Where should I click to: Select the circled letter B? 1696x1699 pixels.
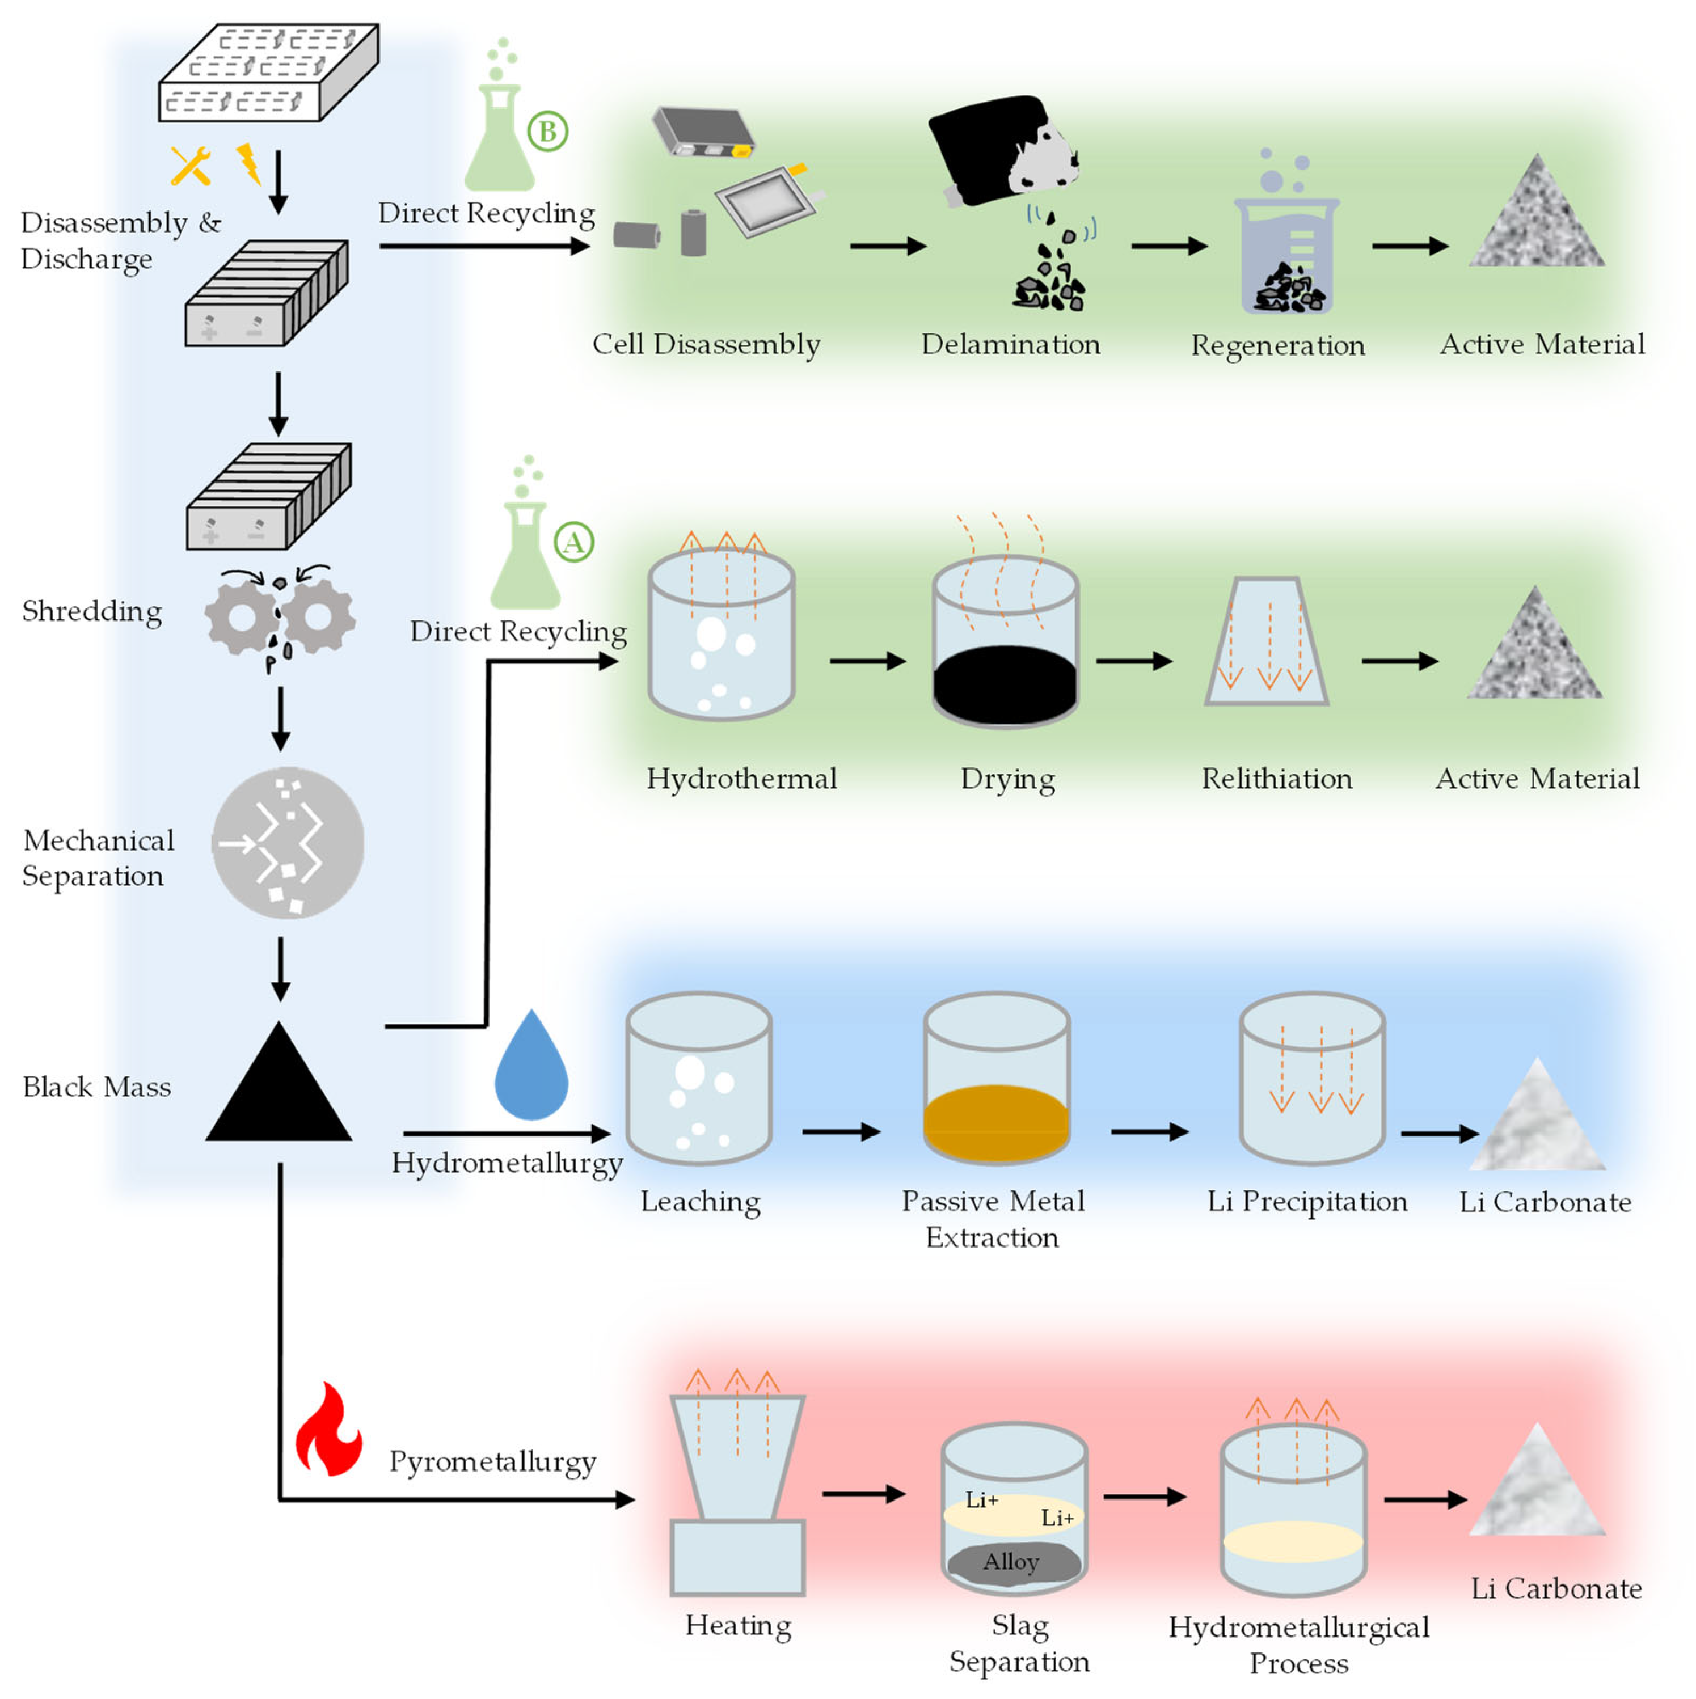pos(547,132)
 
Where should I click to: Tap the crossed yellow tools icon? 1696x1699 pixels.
pos(190,166)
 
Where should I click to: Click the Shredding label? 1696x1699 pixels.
pos(92,612)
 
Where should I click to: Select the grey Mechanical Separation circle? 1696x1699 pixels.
pos(289,843)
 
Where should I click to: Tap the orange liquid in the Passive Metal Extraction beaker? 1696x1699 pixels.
pos(997,1122)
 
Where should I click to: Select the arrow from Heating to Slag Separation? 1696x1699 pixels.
pos(864,1493)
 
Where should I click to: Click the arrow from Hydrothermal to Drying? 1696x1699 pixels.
pos(867,661)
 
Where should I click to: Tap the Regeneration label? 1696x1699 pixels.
pos(1278,345)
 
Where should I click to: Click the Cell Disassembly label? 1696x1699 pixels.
pos(706,345)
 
